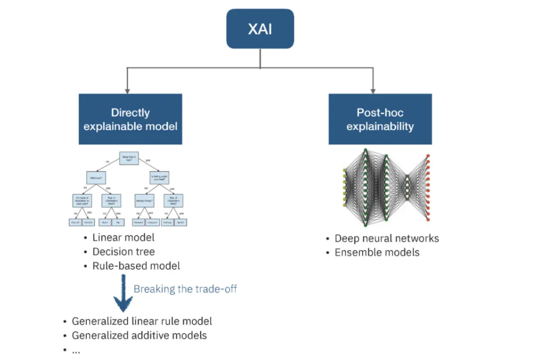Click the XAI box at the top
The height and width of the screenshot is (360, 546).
coord(260,29)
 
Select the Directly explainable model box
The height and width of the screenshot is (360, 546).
coord(130,119)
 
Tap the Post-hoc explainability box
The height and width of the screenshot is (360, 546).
coord(380,119)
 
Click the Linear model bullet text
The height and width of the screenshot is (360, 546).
coord(123,237)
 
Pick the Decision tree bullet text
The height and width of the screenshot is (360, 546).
coord(123,251)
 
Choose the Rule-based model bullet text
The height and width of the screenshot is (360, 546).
coord(136,266)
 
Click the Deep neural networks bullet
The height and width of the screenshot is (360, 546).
coord(386,238)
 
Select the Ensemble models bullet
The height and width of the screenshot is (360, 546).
coord(377,252)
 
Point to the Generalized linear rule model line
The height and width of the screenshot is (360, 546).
coord(141,321)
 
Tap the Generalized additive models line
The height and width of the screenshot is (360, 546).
coord(139,336)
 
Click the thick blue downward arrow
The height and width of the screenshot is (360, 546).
coord(122,293)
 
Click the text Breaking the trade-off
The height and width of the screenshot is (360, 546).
coord(185,289)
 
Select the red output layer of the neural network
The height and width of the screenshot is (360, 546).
coord(428,187)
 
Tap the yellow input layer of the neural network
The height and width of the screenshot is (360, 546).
coord(345,187)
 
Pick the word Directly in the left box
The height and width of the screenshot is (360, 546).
coord(130,113)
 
